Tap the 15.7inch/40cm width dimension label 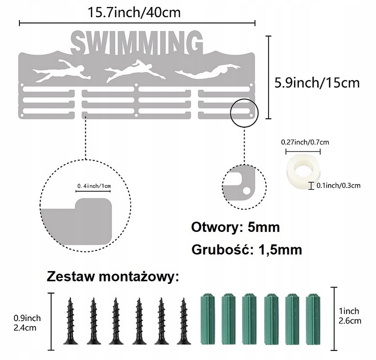[x=135, y=12]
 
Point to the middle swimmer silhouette [x=129, y=71]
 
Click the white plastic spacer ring [x=300, y=169]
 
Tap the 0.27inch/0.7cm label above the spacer [x=305, y=142]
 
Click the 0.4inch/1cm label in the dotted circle [x=93, y=185]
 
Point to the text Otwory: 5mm [x=235, y=227]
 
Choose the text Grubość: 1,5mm [x=246, y=249]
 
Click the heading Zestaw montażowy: [x=112, y=276]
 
